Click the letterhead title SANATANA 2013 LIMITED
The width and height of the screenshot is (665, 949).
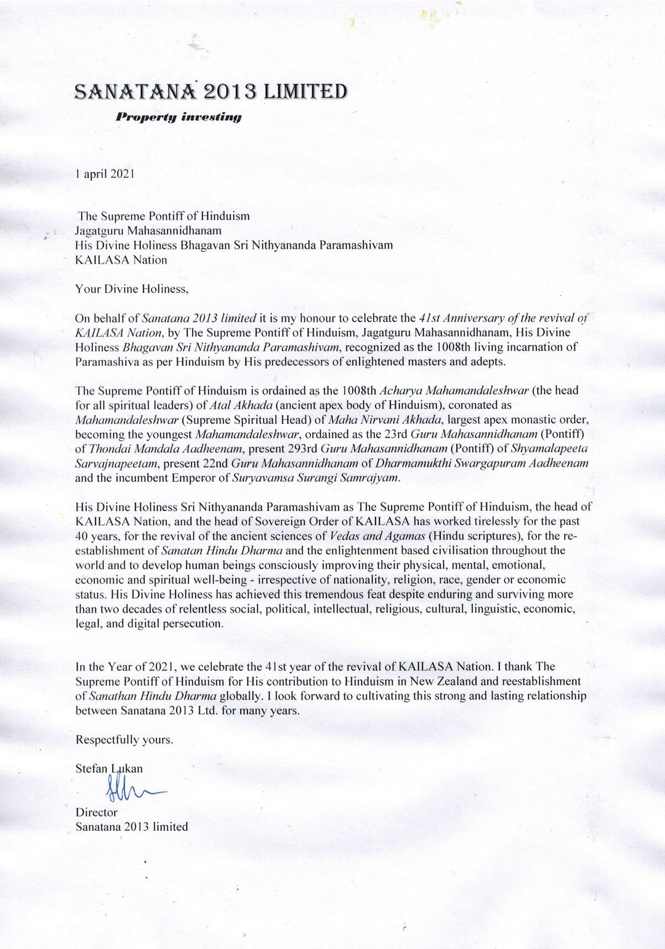click(211, 92)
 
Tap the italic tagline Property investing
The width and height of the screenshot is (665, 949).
click(179, 116)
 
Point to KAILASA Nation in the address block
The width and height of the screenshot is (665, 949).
click(121, 260)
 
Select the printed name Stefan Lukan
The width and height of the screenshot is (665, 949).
click(109, 769)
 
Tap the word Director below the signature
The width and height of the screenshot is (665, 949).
click(96, 812)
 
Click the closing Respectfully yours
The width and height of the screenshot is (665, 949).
click(124, 740)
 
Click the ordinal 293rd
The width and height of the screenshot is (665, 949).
click(301, 448)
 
